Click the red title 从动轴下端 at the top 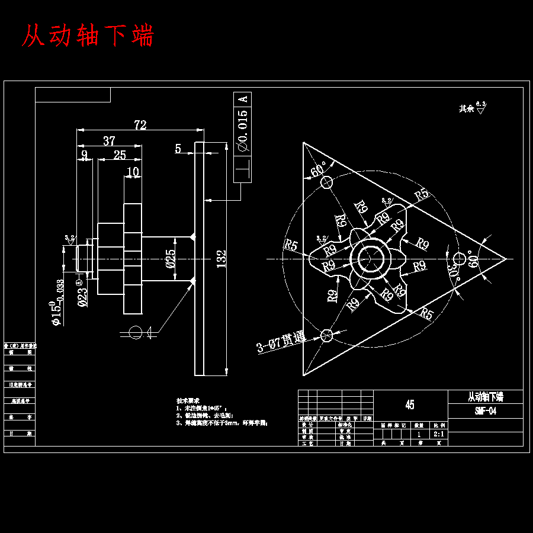(x=88, y=36)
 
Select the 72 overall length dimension (x=140, y=125)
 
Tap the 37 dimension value (x=109, y=141)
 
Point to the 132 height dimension (x=221, y=258)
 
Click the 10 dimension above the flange (x=133, y=172)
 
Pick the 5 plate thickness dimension (x=178, y=148)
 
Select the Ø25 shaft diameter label (x=171, y=259)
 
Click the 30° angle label (x=453, y=275)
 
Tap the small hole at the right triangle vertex (x=460, y=259)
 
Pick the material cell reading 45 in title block (x=410, y=405)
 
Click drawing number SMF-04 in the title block (x=485, y=411)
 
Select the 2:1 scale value (x=439, y=434)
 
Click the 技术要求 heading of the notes (x=188, y=400)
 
